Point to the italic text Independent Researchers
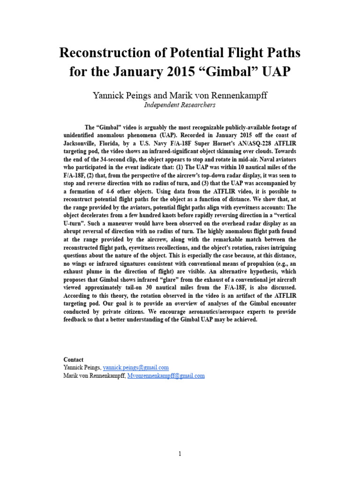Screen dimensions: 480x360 tap(180, 105)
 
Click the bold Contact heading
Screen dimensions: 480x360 tap(74, 360)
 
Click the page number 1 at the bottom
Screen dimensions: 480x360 tap(180, 454)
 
